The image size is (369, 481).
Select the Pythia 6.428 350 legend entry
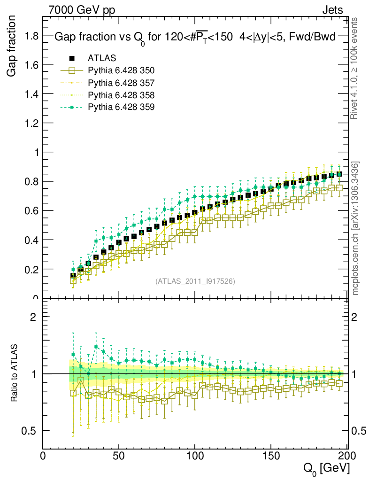[121, 70]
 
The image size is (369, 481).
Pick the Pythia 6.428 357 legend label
[121, 83]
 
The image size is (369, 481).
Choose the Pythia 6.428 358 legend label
[121, 95]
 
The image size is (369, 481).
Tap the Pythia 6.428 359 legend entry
[121, 107]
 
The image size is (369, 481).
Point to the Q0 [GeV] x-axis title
[326, 468]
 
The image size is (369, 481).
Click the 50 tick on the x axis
[119, 456]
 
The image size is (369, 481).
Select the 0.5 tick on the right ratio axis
[359, 431]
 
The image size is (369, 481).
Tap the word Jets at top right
[332, 10]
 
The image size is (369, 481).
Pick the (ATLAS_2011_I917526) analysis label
[195, 281]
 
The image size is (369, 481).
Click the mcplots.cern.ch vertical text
[356, 228]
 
